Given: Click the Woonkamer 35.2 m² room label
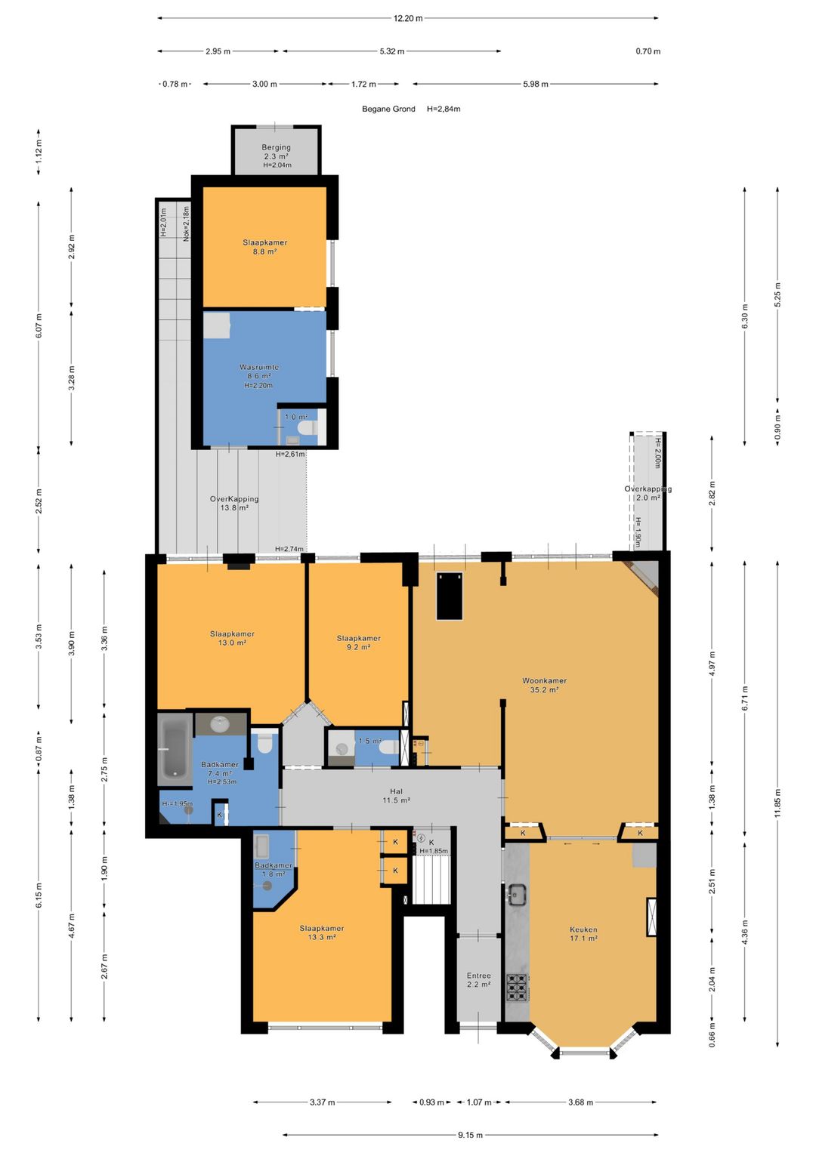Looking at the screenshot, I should (544, 685).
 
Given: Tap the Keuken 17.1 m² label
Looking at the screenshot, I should (583, 934).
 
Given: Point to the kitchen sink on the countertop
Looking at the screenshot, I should (518, 895).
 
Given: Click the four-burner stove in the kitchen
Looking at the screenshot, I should (518, 986).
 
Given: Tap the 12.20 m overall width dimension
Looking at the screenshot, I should (408, 18).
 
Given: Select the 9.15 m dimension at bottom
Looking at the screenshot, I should (470, 1135).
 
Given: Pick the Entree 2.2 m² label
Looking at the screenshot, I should (478, 980).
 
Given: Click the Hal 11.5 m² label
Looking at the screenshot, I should (396, 796).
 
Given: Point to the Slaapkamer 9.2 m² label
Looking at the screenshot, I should (358, 643).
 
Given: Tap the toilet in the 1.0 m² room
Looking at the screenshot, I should (307, 428).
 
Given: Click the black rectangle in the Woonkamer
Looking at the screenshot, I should (449, 596).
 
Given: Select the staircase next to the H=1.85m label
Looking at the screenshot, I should (431, 879).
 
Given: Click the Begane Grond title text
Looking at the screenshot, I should (388, 109).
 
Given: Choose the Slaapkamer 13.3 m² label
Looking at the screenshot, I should (321, 933).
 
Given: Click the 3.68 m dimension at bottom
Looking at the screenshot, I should (580, 1102).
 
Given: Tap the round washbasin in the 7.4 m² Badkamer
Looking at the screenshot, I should (219, 724).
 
